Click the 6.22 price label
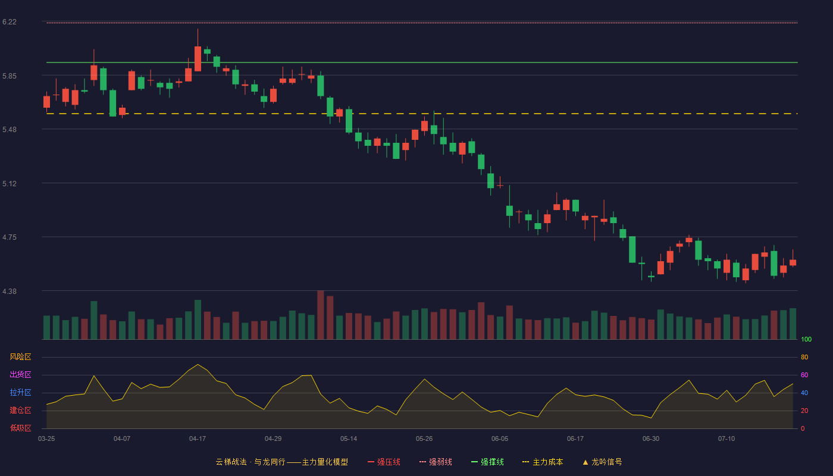pyautogui.click(x=10, y=22)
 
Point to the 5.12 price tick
pyautogui.click(x=10, y=184)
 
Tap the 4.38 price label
pyautogui.click(x=10, y=292)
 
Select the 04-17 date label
pyautogui.click(x=198, y=439)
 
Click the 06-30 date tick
pyautogui.click(x=651, y=439)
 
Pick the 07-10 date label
pyautogui.click(x=726, y=439)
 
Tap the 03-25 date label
pyautogui.click(x=46, y=439)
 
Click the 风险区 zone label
pyautogui.click(x=20, y=357)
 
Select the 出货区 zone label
pyautogui.click(x=20, y=374)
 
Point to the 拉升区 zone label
pyautogui.click(x=20, y=392)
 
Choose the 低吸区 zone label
pyautogui.click(x=20, y=428)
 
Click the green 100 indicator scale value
pyautogui.click(x=806, y=339)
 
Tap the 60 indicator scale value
pyautogui.click(x=804, y=375)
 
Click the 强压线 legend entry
pyautogui.click(x=384, y=462)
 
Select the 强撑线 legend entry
pyautogui.click(x=487, y=462)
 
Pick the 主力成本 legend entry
pyautogui.click(x=543, y=462)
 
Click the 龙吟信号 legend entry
pyautogui.click(x=602, y=462)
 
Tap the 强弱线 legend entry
pyautogui.click(x=436, y=462)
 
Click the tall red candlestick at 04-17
pyautogui.click(x=198, y=59)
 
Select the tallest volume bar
pyautogui.click(x=321, y=315)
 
